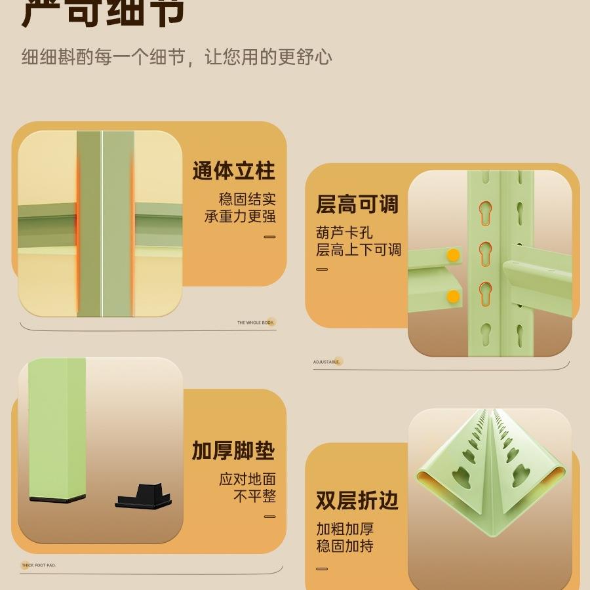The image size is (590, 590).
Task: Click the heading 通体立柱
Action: (233, 172)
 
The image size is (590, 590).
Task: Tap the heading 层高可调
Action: (357, 205)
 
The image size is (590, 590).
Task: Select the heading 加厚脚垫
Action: (233, 451)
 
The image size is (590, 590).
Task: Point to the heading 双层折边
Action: (357, 501)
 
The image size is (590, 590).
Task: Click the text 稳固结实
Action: (247, 199)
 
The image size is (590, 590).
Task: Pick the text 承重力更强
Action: (240, 216)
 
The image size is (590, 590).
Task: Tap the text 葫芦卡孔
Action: (344, 233)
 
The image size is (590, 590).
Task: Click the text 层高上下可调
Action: (359, 250)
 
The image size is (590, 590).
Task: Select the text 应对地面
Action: (247, 479)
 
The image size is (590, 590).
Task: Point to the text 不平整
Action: (254, 496)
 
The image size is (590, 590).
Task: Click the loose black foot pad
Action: (145, 496)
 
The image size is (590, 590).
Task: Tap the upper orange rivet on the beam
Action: (453, 255)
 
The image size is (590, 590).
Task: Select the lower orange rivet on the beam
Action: (453, 297)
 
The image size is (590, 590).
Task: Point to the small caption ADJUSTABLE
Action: (326, 362)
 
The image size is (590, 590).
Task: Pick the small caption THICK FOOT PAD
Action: (39, 565)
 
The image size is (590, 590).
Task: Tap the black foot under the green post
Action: (57, 499)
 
